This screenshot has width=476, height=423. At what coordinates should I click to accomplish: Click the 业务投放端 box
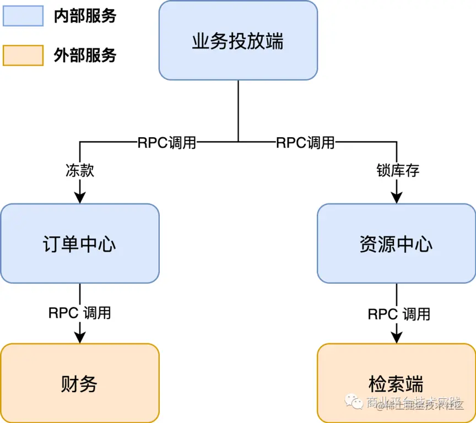[238, 40]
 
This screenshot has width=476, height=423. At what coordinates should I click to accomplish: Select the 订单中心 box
[80, 243]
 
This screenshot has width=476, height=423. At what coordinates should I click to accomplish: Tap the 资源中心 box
[396, 243]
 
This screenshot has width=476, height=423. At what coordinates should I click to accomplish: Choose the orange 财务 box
[80, 383]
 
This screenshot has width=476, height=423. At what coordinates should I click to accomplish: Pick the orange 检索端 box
[396, 383]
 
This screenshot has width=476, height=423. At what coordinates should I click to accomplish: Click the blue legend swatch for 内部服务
[23, 16]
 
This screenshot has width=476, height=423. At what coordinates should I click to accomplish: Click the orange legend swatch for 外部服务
[23, 56]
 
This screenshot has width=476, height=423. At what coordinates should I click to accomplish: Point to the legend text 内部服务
[85, 16]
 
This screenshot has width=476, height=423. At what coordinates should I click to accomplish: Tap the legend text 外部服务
[85, 56]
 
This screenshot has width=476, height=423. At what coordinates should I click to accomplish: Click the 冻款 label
[80, 170]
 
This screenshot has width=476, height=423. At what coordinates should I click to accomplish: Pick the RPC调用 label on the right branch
[305, 143]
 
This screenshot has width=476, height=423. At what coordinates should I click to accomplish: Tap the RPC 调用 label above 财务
[80, 313]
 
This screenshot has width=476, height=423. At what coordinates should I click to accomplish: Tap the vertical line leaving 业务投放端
[238, 110]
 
